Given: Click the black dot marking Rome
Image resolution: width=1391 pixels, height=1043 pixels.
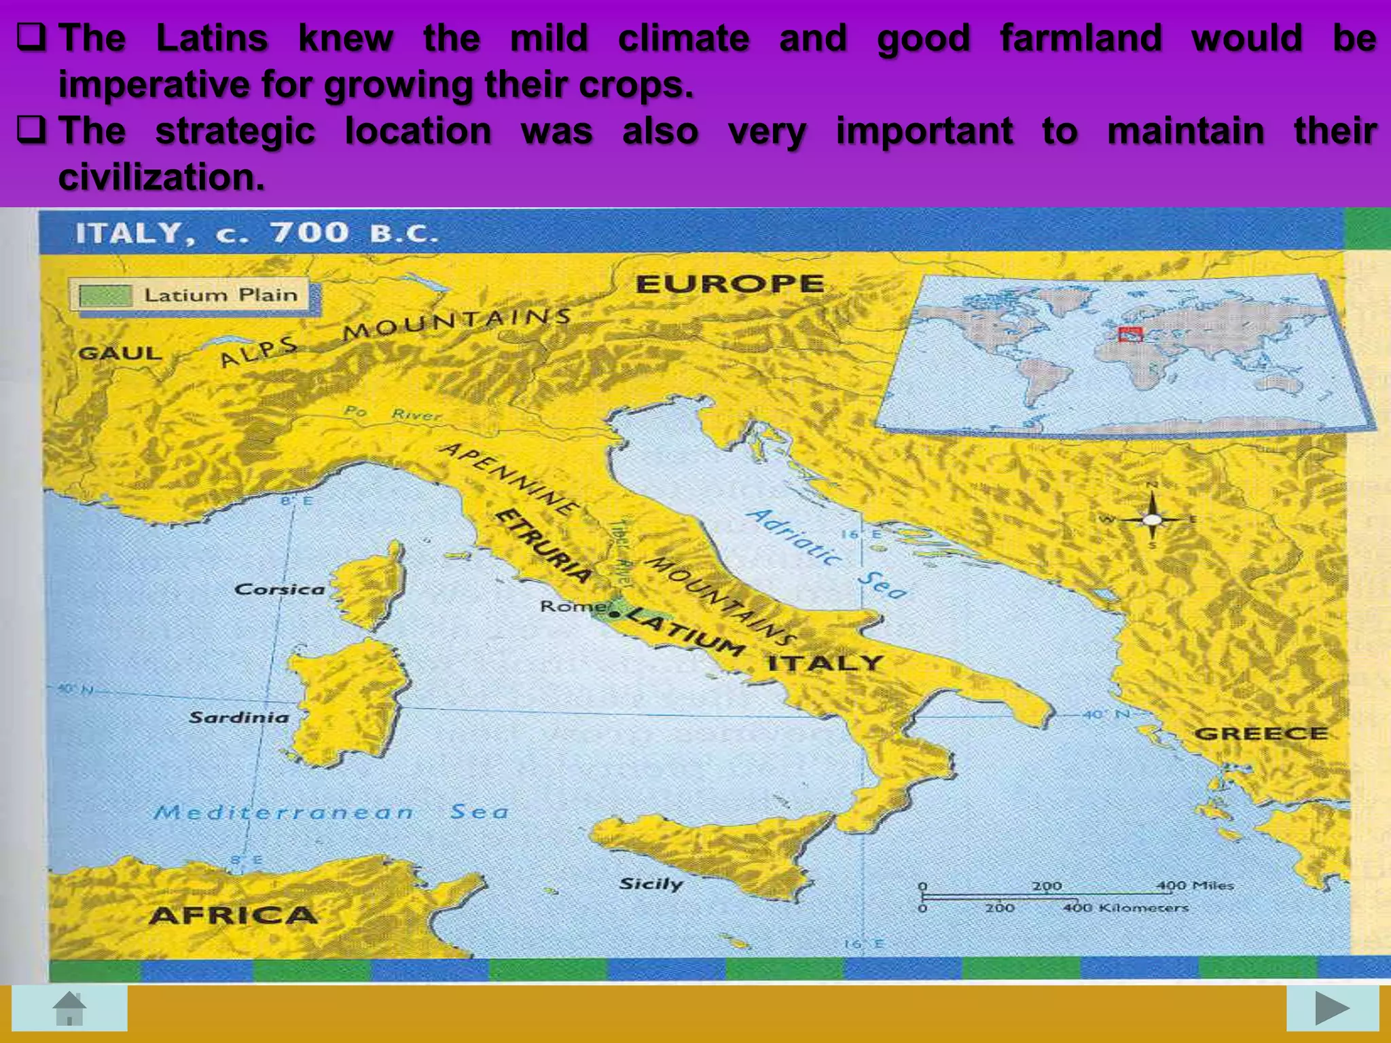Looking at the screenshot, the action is pyautogui.click(x=615, y=614).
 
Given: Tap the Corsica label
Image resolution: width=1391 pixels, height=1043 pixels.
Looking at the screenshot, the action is pyautogui.click(x=279, y=589).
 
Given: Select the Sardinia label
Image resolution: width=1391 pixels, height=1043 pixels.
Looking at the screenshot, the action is pyautogui.click(x=238, y=717).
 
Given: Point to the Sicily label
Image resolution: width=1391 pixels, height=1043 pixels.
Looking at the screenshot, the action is pyautogui.click(x=651, y=883).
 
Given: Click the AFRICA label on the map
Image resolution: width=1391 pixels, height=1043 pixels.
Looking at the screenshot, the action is pyautogui.click(x=233, y=915).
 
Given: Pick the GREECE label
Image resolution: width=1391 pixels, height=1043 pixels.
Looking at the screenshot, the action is pyautogui.click(x=1261, y=733).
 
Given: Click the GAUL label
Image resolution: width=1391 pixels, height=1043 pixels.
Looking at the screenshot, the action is pyautogui.click(x=120, y=352).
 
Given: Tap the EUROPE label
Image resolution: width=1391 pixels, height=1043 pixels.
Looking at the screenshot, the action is pyautogui.click(x=729, y=283).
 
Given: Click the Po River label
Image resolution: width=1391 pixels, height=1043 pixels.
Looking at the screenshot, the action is pyautogui.click(x=393, y=412).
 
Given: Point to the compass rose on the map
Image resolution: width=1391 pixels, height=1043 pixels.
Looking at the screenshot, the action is pyautogui.click(x=1152, y=519).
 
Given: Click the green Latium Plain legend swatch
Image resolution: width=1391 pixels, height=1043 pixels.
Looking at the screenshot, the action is pyautogui.click(x=105, y=295).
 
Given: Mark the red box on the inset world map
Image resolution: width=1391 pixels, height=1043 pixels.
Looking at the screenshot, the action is pyautogui.click(x=1130, y=334).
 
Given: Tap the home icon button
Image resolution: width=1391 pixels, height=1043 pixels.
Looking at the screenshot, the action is pyautogui.click(x=69, y=1008).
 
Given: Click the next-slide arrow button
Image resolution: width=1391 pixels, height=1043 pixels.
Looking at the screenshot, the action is pyautogui.click(x=1332, y=1008).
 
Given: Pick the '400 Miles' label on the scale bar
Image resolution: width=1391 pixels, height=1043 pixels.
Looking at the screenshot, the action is pyautogui.click(x=1195, y=885).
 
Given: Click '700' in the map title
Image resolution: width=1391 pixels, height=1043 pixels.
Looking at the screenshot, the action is pyautogui.click(x=310, y=233).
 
